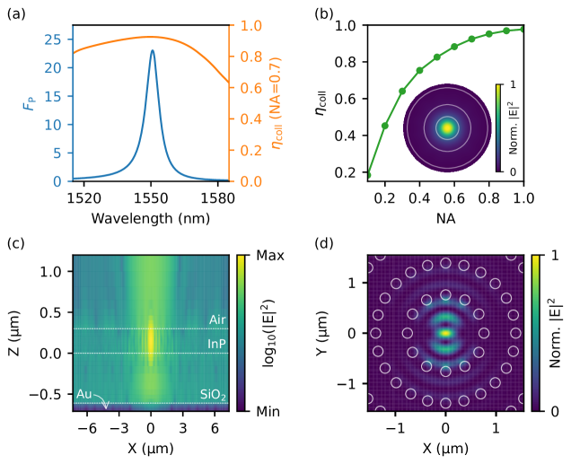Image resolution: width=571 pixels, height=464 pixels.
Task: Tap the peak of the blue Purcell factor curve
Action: [x=152, y=50]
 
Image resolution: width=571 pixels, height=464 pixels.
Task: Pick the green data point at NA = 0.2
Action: [x=385, y=126]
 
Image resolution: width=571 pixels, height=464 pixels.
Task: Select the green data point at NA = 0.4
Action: [x=419, y=70]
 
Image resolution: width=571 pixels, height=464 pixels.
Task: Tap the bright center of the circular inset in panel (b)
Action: [x=446, y=127]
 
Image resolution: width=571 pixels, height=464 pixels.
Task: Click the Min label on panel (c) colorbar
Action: [x=268, y=410]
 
